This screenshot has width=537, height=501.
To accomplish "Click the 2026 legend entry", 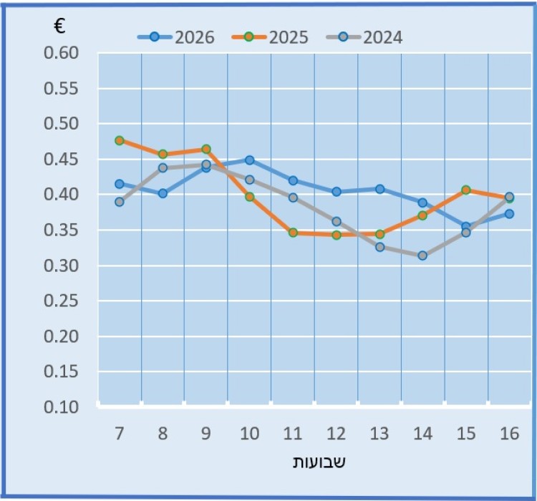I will click(x=176, y=37).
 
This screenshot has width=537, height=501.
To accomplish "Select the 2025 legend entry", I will click(x=271, y=37).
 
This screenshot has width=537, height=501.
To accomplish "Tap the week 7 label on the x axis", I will click(x=119, y=434).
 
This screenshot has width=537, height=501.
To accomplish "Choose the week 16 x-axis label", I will click(x=509, y=434).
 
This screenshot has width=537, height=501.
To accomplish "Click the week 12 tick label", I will click(x=336, y=434).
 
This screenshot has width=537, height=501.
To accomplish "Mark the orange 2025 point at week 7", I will click(x=120, y=140).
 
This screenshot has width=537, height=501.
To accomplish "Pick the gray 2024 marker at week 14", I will click(x=422, y=256).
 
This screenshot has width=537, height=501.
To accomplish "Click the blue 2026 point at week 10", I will click(x=249, y=160).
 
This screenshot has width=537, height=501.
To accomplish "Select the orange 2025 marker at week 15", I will click(x=466, y=190).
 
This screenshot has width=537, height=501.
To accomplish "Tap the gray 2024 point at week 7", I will click(x=120, y=202).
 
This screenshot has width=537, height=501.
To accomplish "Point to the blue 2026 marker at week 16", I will click(x=509, y=213).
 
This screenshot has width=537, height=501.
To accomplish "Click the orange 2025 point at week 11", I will click(x=293, y=233).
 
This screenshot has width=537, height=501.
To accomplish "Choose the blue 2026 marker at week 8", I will click(x=163, y=193).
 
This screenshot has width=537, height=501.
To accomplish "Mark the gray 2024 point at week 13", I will click(x=379, y=247).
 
